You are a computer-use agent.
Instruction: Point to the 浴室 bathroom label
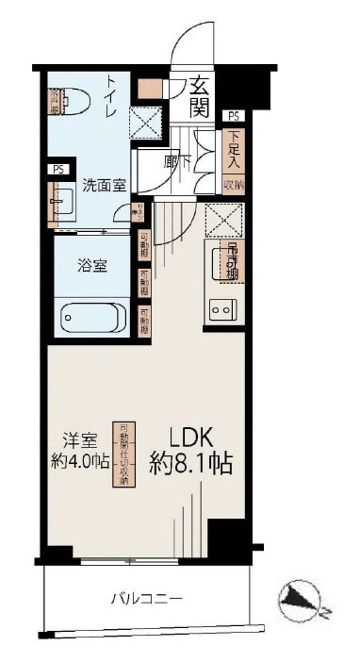[91, 265]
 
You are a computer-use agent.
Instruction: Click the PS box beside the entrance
[233, 116]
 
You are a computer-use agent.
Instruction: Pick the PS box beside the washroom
[59, 171]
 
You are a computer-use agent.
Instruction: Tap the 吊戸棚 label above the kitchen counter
[232, 261]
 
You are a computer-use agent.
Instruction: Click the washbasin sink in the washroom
[64, 201]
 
